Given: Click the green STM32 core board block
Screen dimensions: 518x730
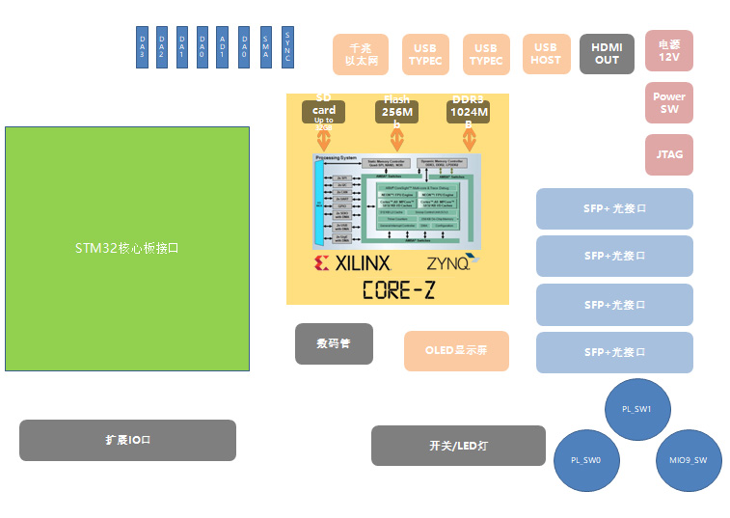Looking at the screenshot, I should (126, 248).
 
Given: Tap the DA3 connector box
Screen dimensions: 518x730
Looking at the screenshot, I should (142, 46).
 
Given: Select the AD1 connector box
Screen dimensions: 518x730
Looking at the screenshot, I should (223, 46).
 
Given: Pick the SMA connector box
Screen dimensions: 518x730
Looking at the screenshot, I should (266, 46).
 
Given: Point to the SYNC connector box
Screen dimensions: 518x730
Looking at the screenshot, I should (286, 46).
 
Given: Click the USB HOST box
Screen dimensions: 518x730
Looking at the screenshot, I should (545, 54).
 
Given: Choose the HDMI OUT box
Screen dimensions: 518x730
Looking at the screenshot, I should (607, 54).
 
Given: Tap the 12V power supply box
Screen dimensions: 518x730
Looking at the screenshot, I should (669, 50).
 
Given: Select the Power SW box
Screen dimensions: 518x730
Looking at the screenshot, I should (669, 102).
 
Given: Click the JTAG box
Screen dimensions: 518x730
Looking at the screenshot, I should (669, 154).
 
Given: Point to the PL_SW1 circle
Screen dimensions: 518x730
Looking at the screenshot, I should (636, 409).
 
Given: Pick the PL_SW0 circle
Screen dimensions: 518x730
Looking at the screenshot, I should (585, 460).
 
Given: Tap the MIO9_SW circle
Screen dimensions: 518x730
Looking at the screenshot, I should (689, 460).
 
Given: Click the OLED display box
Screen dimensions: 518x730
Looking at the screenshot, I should (456, 350).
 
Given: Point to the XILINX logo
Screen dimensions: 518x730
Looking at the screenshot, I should (352, 262).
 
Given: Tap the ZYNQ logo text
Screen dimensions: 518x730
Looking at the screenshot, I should (449, 262).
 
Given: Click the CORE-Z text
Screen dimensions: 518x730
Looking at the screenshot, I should (397, 288).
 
